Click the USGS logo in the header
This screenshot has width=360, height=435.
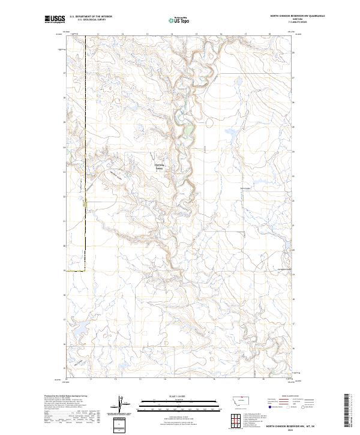coord(55,20)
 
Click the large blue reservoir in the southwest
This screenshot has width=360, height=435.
coord(125,365)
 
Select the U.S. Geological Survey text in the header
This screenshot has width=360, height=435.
coord(91,20)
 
